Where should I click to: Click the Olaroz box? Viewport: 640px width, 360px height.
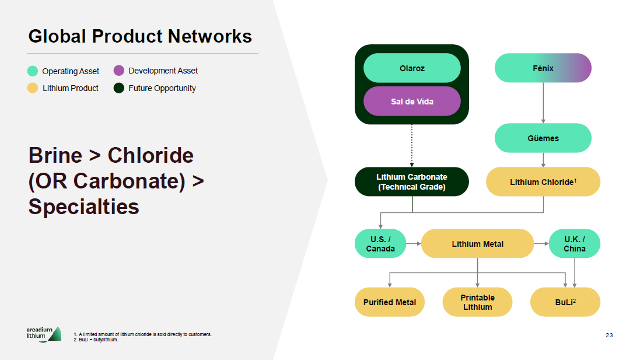point(412,68)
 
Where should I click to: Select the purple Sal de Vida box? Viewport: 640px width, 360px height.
point(412,102)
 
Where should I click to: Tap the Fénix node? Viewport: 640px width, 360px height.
point(543,68)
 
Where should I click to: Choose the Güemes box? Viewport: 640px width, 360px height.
point(543,138)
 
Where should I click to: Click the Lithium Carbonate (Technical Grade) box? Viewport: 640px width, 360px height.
point(412,182)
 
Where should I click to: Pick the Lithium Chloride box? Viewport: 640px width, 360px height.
point(543,182)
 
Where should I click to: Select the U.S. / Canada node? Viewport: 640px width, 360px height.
point(380,244)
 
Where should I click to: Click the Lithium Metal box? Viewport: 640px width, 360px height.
point(477,244)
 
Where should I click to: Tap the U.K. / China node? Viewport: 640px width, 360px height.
point(574,244)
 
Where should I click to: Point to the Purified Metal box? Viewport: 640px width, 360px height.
point(390,302)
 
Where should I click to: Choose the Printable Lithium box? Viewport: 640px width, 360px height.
point(477,302)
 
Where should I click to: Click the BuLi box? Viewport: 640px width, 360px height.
point(565,302)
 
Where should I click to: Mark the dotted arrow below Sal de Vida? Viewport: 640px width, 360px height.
point(412,145)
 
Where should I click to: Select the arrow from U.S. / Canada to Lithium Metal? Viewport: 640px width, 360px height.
point(414,244)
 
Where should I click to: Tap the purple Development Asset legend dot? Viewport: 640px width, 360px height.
point(119,71)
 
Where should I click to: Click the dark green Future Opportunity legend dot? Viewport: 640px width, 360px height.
point(119,89)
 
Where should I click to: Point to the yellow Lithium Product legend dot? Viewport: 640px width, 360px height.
point(33,89)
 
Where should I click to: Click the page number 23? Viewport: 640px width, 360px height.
point(609,335)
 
